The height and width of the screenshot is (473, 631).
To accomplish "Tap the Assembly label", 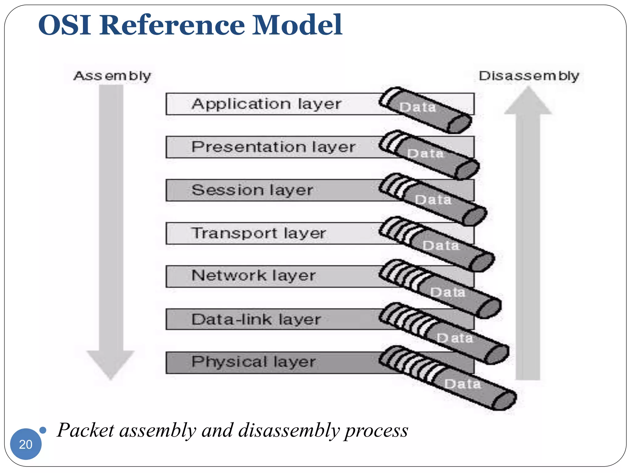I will (112, 76).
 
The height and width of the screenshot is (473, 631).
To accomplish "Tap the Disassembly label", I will (529, 76).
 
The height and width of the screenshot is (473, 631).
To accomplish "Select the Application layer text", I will (266, 104).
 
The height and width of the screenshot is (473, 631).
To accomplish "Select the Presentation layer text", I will (273, 147).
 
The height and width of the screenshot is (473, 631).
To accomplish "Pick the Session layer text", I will (252, 190).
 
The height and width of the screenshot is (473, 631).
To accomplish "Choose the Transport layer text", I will (258, 233).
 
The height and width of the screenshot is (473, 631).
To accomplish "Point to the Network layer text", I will (253, 275).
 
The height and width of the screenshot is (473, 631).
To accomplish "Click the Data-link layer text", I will (256, 319).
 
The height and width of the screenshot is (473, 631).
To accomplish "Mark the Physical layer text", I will (253, 362).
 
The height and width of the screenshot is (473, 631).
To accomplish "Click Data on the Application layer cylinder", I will (417, 107).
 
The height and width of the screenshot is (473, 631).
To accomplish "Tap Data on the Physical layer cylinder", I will (462, 384).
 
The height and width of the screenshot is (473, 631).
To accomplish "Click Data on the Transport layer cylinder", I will (441, 246).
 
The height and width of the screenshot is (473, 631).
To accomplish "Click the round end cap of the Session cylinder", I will (474, 215).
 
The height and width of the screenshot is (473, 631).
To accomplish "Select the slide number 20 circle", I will (26, 444).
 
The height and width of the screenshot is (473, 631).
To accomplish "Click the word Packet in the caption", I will (86, 430).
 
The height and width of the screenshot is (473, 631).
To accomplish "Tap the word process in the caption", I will (376, 430).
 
